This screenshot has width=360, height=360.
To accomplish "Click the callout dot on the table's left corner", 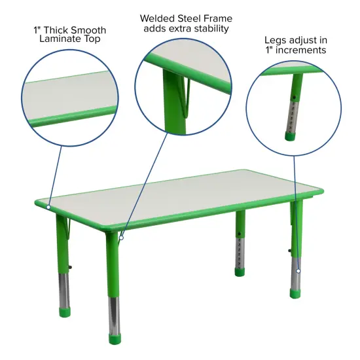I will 48,207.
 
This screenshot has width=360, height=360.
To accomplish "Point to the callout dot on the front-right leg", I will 298,270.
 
